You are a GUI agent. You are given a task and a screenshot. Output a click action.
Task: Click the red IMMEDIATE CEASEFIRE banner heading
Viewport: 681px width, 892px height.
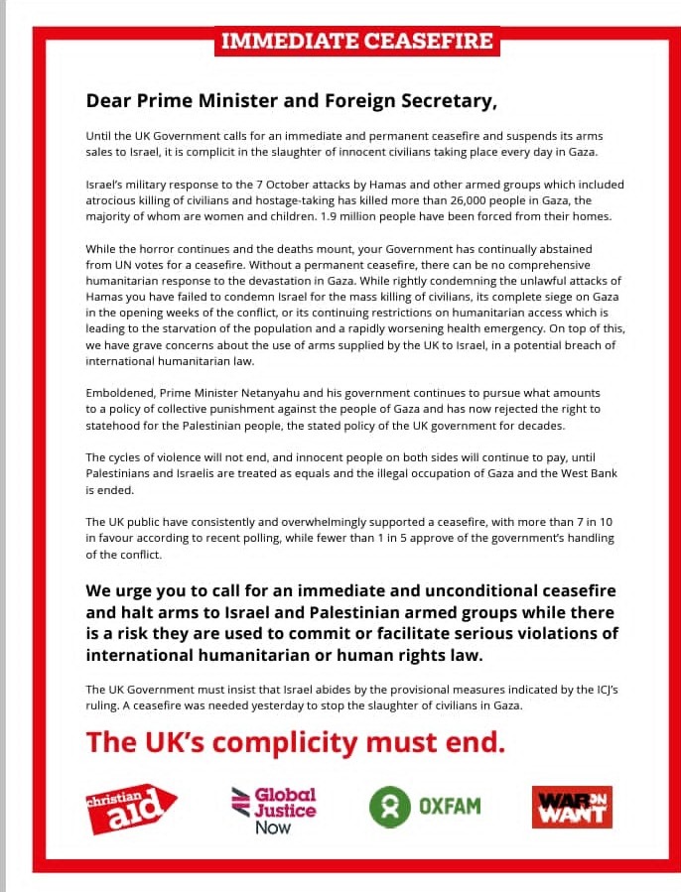[x=357, y=41]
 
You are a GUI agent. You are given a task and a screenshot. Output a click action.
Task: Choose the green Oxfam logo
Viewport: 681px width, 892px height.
[x=425, y=805]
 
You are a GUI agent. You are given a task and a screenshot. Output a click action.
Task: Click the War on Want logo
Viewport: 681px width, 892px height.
[x=572, y=807]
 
